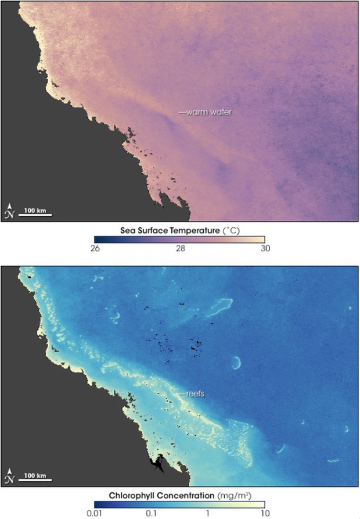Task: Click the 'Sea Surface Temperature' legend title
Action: (165, 230)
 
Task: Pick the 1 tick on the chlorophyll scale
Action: (207, 513)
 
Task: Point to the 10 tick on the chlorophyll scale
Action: (264, 513)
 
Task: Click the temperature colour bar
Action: (180, 239)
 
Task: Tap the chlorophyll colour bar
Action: (180, 503)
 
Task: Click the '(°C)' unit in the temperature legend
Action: (232, 230)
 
